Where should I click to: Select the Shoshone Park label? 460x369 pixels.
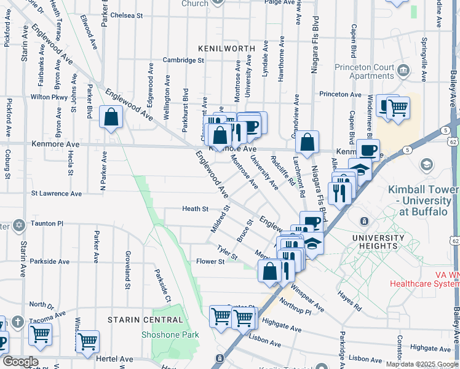coord(170,335)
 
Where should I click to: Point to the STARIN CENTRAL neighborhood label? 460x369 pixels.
coord(145,320)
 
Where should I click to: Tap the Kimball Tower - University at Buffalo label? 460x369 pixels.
coord(424,200)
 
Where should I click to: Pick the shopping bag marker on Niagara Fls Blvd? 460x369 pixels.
coord(307,141)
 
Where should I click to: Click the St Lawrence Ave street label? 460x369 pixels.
coord(57,194)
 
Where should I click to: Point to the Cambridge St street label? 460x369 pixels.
coord(183,60)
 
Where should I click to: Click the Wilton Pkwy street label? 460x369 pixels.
coord(49,97)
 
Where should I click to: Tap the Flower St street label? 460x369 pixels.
coord(210,261)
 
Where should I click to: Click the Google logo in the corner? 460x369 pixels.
coord(20,362)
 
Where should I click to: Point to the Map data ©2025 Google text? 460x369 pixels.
coord(422,364)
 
